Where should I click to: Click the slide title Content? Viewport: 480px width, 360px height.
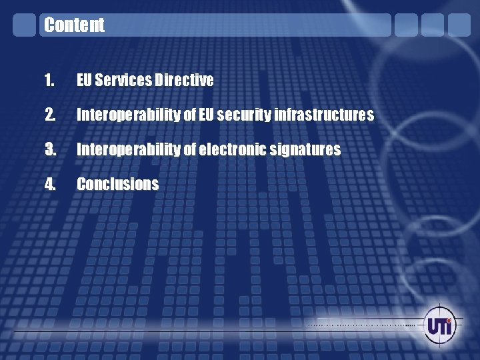[74, 25]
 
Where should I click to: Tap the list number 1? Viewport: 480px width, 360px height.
[49, 81]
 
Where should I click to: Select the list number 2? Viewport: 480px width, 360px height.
[49, 115]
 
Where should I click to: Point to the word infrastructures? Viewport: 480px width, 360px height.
[325, 115]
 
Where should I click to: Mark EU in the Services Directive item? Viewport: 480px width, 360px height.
[85, 81]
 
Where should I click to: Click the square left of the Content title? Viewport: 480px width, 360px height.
[25, 25]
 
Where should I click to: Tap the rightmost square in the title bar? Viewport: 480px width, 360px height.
[459, 25]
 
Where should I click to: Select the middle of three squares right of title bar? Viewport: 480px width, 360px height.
[433, 25]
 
